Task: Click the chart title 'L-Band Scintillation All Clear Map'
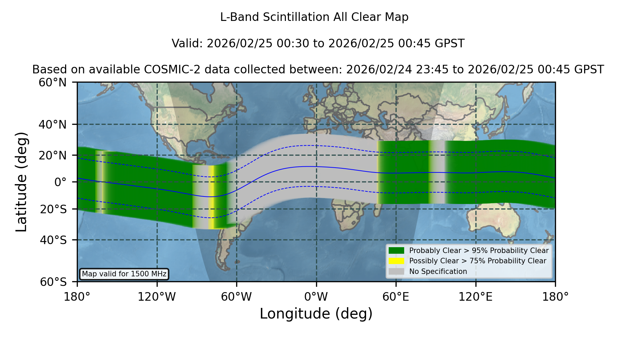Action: (x=314, y=17)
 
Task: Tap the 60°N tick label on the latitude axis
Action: (x=53, y=82)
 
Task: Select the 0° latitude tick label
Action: (x=60, y=182)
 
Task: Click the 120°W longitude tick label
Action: (x=157, y=297)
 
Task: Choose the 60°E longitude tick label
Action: (x=396, y=297)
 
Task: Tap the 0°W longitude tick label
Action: (x=316, y=297)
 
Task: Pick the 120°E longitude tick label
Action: (x=475, y=297)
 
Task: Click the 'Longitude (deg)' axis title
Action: (x=316, y=314)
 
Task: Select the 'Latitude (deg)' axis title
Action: (x=21, y=182)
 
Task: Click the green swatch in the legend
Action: (x=396, y=251)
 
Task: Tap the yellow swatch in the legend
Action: (x=396, y=261)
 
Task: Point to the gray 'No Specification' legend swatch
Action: (x=396, y=272)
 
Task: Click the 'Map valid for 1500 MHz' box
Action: (x=124, y=274)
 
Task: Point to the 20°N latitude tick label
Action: (x=53, y=156)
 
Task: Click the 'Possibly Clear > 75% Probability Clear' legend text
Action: (x=477, y=261)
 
